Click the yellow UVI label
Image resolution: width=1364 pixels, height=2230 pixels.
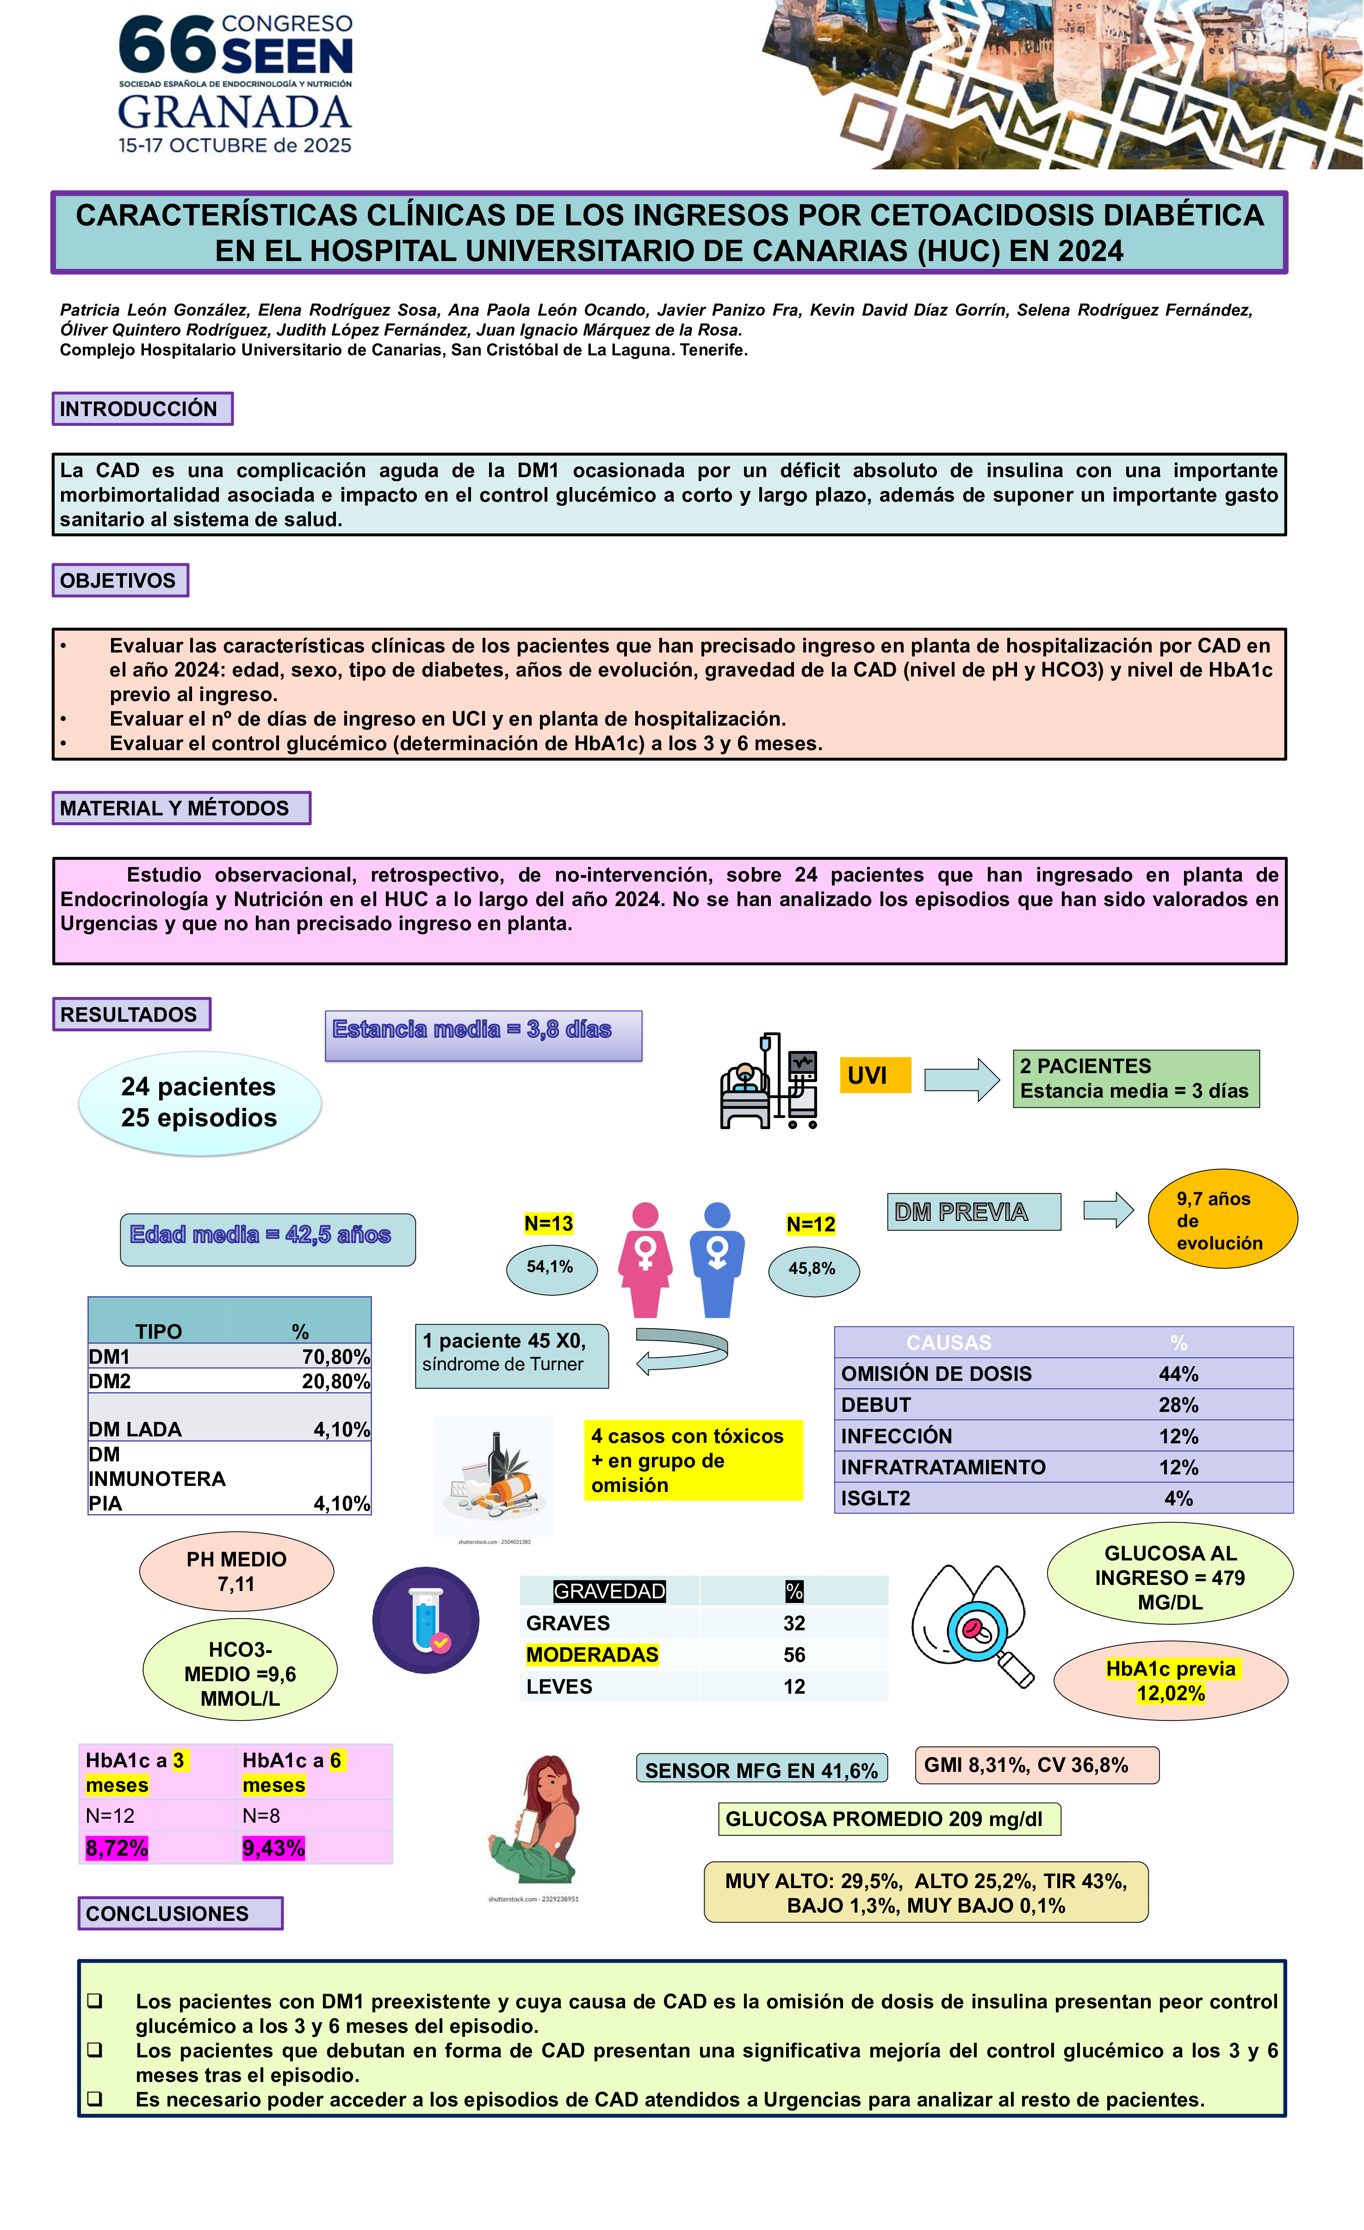pyautogui.click(x=874, y=1075)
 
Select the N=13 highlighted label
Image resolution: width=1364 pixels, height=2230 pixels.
pyautogui.click(x=548, y=1224)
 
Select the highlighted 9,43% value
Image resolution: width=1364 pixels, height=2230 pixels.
pyautogui.click(x=273, y=1848)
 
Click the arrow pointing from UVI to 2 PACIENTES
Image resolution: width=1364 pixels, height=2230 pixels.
pyautogui.click(x=961, y=1079)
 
